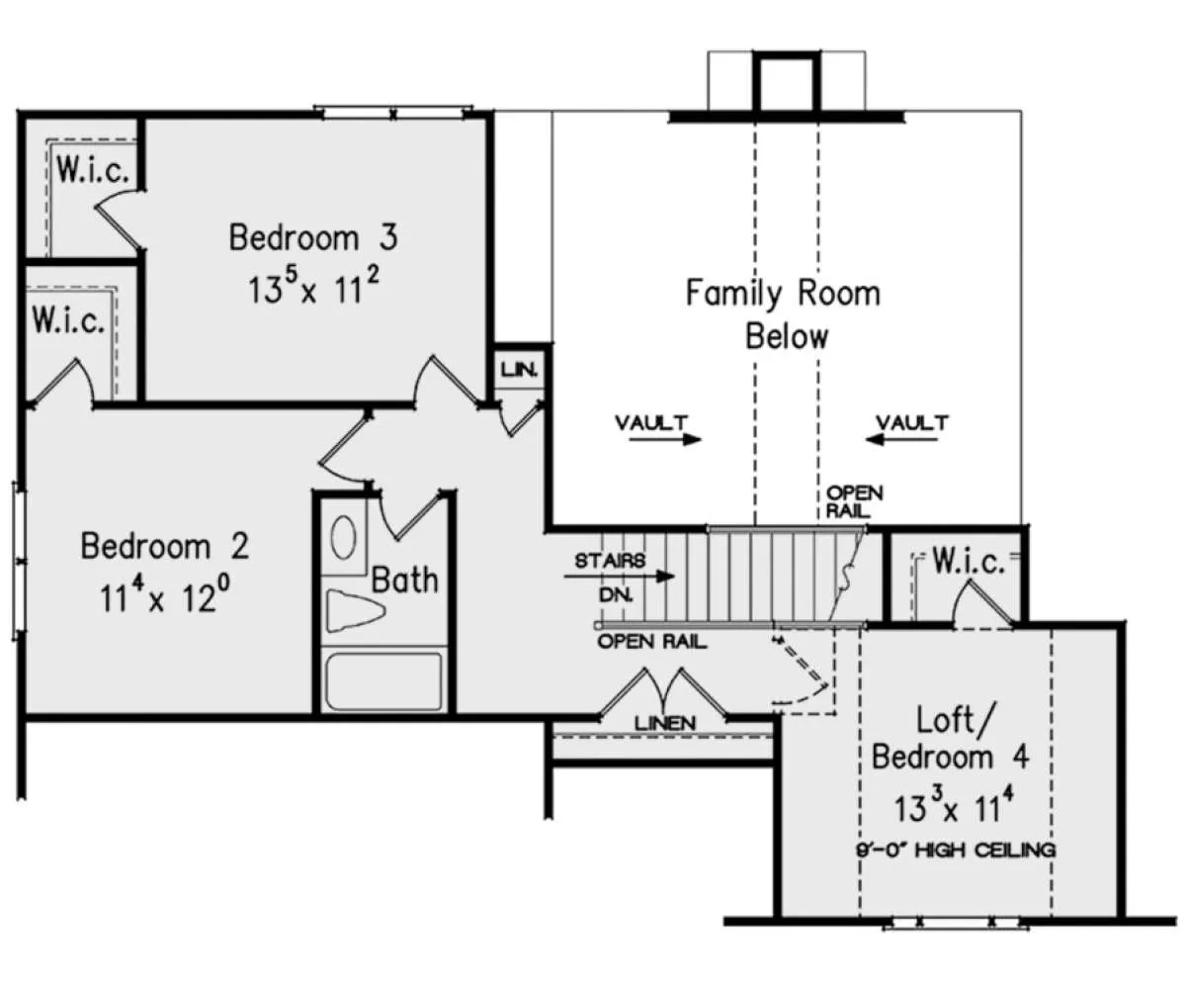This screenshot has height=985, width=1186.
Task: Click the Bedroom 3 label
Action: point(313,237)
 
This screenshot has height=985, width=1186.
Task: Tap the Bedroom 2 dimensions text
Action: point(165,595)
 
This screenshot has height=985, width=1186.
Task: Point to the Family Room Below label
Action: point(784,314)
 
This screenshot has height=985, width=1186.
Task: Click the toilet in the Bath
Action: point(356,610)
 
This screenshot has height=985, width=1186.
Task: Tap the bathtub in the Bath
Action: point(384,682)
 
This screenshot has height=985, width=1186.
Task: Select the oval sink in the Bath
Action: point(344,537)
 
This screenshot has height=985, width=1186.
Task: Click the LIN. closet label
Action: point(519,371)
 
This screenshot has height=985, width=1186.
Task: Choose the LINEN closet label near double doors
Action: point(665,724)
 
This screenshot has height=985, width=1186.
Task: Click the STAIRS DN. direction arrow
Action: point(619,577)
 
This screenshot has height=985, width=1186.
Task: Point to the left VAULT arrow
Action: point(665,439)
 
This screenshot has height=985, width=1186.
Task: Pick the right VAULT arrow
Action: point(901,439)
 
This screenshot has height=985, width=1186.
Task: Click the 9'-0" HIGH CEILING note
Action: point(956,850)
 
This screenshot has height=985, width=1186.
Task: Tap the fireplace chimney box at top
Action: point(787,82)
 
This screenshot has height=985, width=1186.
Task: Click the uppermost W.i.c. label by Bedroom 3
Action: point(93,170)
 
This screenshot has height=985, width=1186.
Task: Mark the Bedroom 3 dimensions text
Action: point(314,286)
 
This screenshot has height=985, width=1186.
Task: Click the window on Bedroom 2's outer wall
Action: point(20,561)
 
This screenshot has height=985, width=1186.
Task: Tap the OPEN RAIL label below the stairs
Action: point(652,642)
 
